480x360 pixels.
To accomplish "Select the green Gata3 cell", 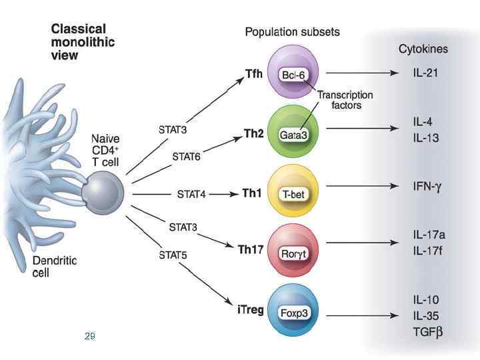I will tap(293, 133).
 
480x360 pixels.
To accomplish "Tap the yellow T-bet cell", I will tap(293, 194).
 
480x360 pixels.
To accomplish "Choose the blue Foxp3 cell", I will tap(293, 311).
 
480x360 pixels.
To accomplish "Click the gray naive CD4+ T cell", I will tap(103, 191).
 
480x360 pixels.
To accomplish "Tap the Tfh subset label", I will tap(253, 74).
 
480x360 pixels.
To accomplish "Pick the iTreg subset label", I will tap(250, 310).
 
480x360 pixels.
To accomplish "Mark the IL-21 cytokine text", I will tap(425, 73).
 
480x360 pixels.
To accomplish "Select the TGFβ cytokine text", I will tap(427, 331).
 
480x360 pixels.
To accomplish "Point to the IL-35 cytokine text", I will tap(425, 315).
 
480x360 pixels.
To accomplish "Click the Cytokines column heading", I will tap(423, 49).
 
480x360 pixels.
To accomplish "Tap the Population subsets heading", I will tap(292, 31).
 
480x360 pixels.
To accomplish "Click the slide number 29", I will tap(90, 337).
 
